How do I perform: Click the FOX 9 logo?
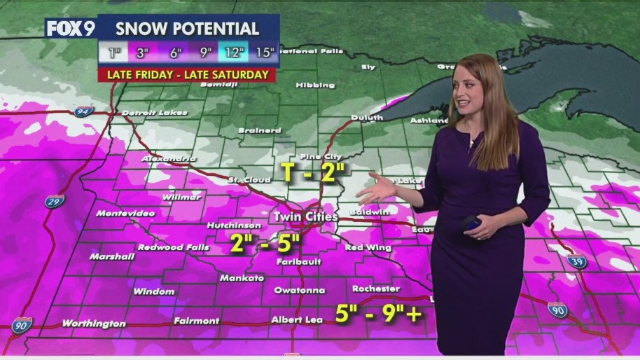pos(70,29)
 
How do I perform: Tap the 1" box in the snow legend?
pos(113,52)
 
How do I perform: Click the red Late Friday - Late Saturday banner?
pos(187,74)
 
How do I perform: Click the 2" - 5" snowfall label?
pos(265,244)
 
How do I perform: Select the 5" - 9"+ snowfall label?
pos(378,314)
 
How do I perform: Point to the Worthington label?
pos(94,324)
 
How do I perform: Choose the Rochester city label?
pos(376,289)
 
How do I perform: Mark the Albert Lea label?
pos(297,320)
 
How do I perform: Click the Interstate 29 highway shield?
pos(55,201)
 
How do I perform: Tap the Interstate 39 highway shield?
pos(577,261)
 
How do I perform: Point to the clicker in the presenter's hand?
pos(471,223)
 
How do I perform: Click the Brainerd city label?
pos(260,130)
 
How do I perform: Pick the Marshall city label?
pos(112,256)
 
